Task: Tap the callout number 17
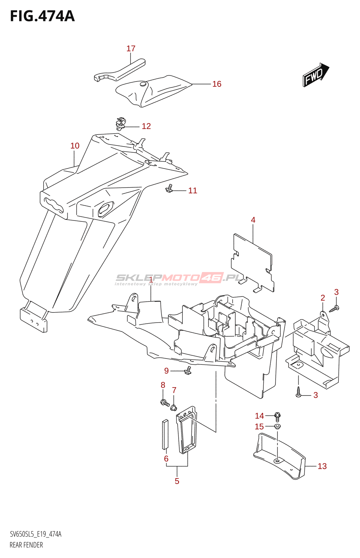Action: (x=131, y=48)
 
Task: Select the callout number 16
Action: (x=217, y=84)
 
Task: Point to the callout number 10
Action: (x=75, y=146)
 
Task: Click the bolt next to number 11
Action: (x=170, y=189)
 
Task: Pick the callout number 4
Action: (x=253, y=220)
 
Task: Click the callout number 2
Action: (x=323, y=298)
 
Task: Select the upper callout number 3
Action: (x=336, y=292)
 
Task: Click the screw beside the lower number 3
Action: (x=298, y=392)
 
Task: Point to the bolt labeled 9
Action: (x=188, y=370)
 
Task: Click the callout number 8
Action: (x=163, y=385)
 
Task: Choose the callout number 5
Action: (x=177, y=481)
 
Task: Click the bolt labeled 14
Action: (x=278, y=416)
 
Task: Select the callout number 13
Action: (x=322, y=466)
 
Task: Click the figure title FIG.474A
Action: (x=42, y=16)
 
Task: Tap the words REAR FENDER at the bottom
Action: (x=26, y=545)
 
